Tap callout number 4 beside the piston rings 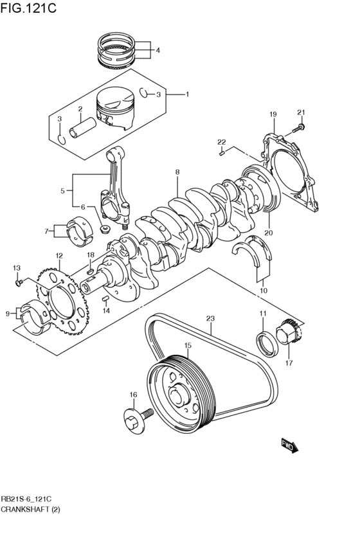click(x=158, y=50)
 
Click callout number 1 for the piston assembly click(x=187, y=94)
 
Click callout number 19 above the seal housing click(x=273, y=114)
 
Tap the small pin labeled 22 click(x=221, y=152)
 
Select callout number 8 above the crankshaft click(x=177, y=172)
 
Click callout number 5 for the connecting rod click(x=62, y=191)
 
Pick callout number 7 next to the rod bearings click(x=47, y=231)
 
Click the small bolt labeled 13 click(x=19, y=281)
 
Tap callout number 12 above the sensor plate click(x=59, y=256)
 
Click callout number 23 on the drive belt click(x=210, y=318)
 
